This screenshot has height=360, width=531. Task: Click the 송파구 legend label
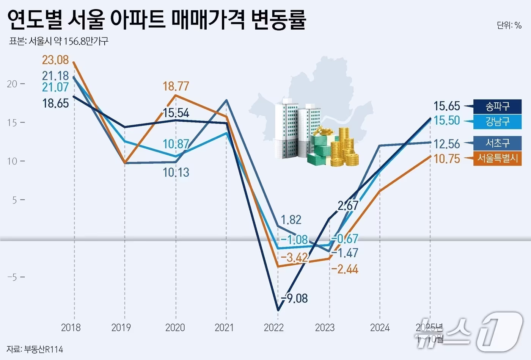click(x=497, y=106)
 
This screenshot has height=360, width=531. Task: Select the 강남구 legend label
click(x=497, y=122)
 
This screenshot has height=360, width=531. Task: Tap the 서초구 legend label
click(x=497, y=143)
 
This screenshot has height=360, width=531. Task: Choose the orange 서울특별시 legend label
click(x=497, y=158)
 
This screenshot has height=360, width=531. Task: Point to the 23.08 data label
click(x=55, y=60)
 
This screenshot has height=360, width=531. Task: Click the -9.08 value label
click(x=294, y=298)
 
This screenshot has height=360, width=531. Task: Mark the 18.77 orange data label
click(x=176, y=86)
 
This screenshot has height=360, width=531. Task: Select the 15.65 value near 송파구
click(x=446, y=106)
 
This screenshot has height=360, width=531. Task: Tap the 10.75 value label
click(x=446, y=158)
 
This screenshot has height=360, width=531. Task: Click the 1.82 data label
click(x=291, y=220)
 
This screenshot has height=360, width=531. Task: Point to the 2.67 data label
click(x=348, y=206)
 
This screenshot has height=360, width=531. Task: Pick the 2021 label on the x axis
click(x=224, y=327)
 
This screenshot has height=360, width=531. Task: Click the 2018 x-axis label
click(x=71, y=327)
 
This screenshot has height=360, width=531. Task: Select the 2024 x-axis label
click(x=380, y=327)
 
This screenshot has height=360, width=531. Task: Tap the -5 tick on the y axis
click(x=13, y=277)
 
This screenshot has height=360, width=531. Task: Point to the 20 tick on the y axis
click(x=13, y=84)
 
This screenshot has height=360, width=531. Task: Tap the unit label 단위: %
click(x=509, y=25)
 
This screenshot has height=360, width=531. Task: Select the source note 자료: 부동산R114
click(x=35, y=349)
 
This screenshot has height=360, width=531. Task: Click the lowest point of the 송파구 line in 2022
click(x=278, y=310)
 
